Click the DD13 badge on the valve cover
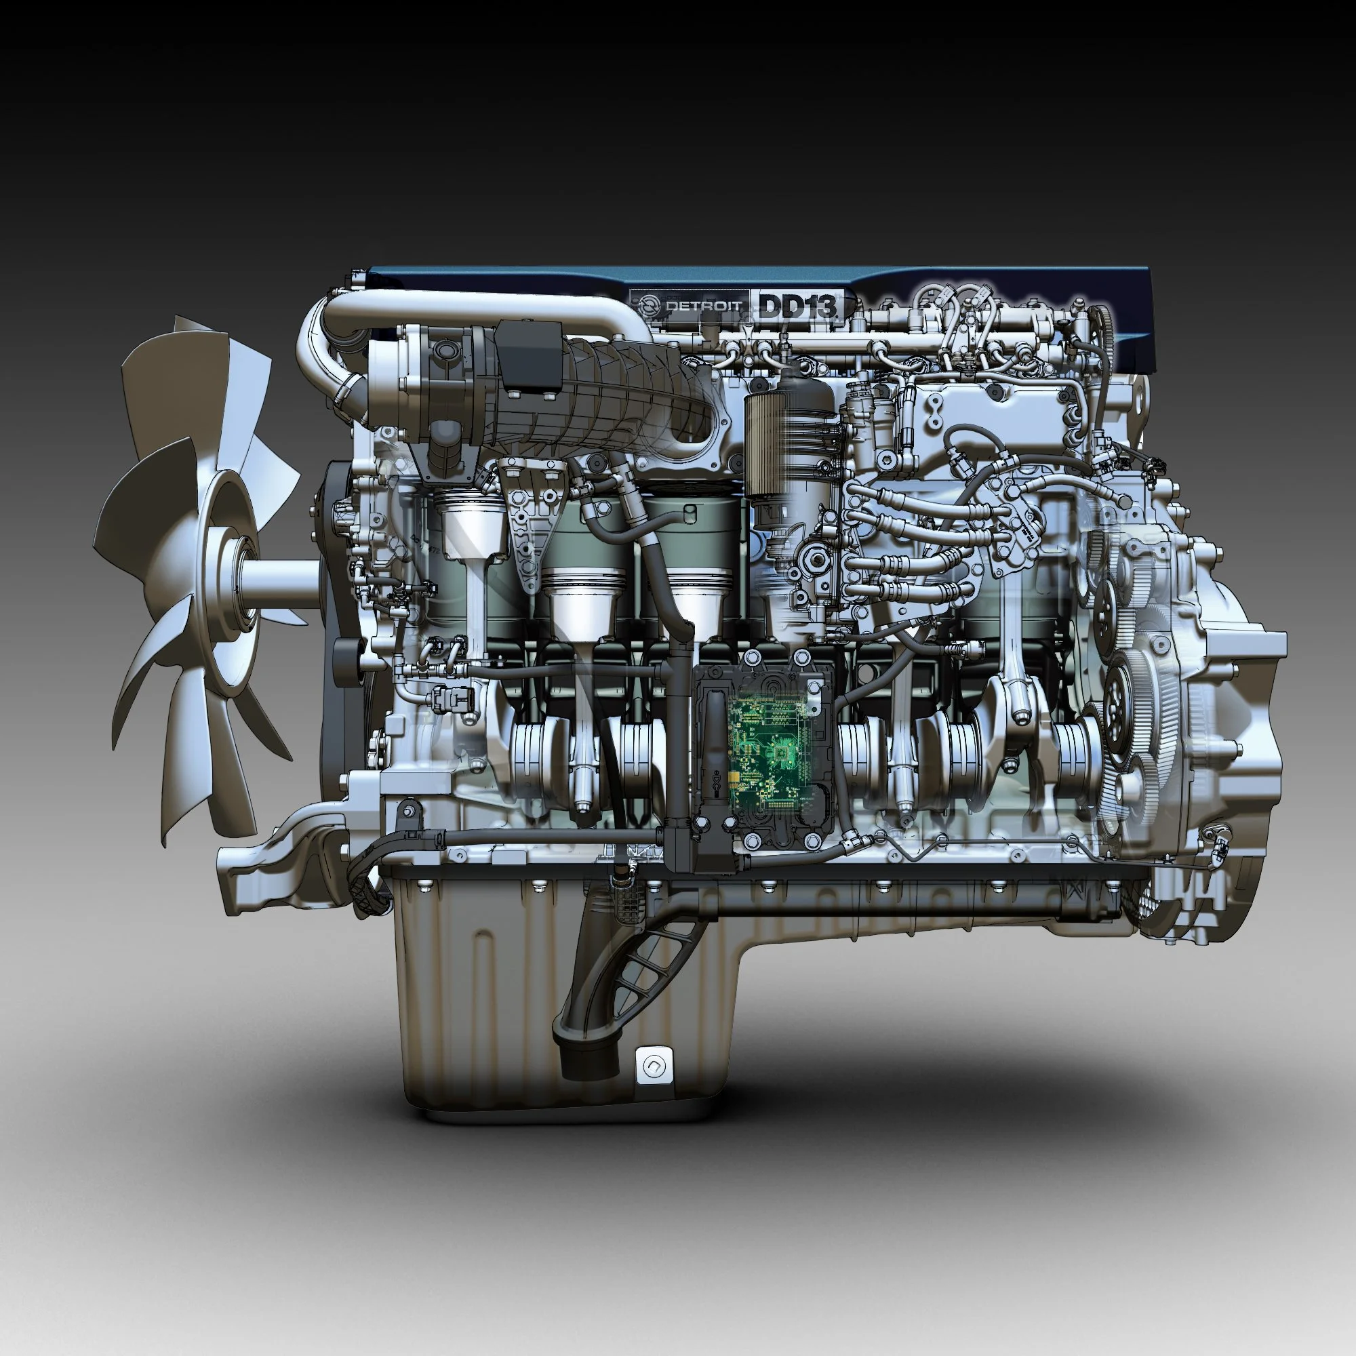[x=798, y=306]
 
